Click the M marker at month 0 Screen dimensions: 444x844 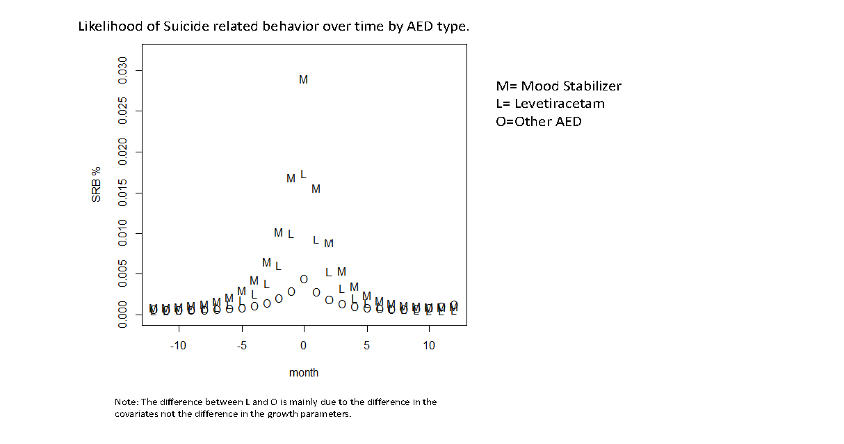pos(303,80)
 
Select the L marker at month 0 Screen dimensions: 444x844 pos(303,175)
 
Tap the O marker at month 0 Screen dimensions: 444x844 pos(304,279)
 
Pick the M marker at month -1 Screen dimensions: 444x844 pos(291,179)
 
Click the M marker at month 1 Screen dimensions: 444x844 pos(316,189)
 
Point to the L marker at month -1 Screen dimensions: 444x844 pos(291,234)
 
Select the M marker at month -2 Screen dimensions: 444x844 pos(278,233)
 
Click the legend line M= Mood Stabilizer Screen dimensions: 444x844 pos(558,86)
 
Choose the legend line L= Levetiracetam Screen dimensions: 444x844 pos(550,104)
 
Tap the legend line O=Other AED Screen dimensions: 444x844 pos(539,122)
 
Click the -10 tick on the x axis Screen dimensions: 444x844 pos(178,346)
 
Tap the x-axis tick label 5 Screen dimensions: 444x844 pos(366,346)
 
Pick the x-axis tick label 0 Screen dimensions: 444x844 pos(304,346)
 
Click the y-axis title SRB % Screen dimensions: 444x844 pos(97,185)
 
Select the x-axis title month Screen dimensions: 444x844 pos(304,373)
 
